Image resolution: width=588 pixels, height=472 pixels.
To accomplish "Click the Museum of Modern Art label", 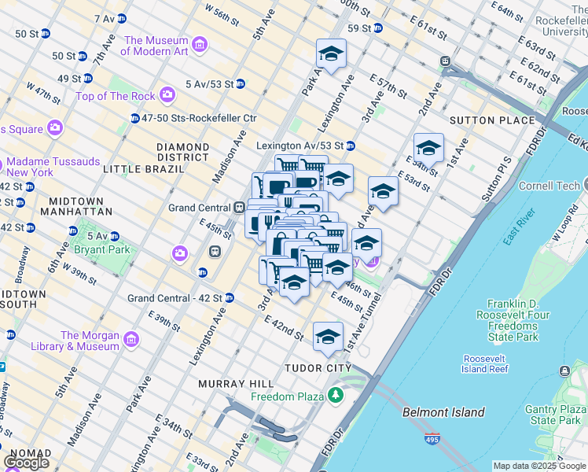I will point(156,46).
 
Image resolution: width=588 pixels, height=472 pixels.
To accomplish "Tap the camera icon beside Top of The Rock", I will point(167,96).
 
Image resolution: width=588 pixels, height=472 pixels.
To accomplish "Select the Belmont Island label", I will point(443,412).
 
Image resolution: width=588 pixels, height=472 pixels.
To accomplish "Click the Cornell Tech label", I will point(548,186).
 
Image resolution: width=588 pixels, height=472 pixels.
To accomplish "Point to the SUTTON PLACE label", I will point(491,120).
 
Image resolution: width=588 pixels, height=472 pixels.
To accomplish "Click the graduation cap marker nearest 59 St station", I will point(331,54).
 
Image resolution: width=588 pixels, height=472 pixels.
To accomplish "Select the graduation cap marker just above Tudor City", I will point(328,337).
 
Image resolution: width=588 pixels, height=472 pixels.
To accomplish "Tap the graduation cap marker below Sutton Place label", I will point(428,148).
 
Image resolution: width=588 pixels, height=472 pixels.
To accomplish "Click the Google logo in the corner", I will point(26,463).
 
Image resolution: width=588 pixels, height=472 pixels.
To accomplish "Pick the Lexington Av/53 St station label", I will point(301,146).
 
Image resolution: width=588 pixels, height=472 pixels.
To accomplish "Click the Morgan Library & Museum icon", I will point(130,340).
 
